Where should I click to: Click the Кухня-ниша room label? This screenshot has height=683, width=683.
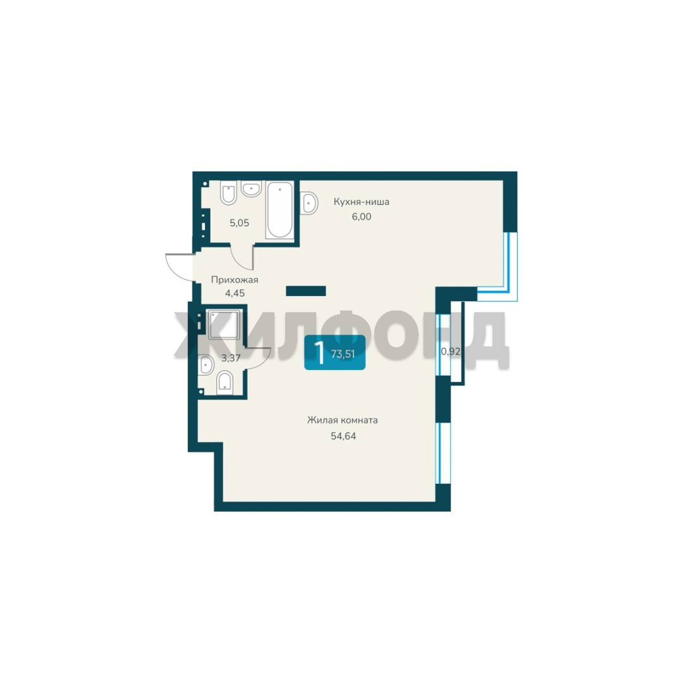pos(362,202)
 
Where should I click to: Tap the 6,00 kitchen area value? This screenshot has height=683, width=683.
pos(362,216)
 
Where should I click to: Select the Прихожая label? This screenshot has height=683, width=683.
pos(235,280)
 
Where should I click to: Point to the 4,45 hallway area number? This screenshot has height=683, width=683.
pos(235,293)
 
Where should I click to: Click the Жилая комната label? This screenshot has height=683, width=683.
pos(342,421)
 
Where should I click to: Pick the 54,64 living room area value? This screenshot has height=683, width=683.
pos(343,436)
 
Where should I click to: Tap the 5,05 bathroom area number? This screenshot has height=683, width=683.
pos(240,223)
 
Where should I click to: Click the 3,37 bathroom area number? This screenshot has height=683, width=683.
pos(231,359)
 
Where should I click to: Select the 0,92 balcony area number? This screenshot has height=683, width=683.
pos(450,351)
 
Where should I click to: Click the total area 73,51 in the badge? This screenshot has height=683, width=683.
pos(343,354)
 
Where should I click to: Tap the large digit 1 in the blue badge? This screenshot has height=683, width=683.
pos(320,353)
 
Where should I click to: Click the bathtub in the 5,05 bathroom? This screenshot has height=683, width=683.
pos(280,210)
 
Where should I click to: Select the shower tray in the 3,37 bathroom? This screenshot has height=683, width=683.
pos(224,324)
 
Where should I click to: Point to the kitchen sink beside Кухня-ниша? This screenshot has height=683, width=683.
pos(309,202)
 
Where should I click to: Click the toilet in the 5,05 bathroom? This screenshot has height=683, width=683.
pos(229,192)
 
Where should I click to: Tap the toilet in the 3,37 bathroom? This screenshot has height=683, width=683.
pos(225,383)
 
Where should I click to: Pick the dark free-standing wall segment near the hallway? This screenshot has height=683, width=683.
pos(306,291)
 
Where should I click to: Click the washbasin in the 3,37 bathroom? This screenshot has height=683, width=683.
pos(206,365)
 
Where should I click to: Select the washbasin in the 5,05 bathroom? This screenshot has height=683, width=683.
pos(251,188)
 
